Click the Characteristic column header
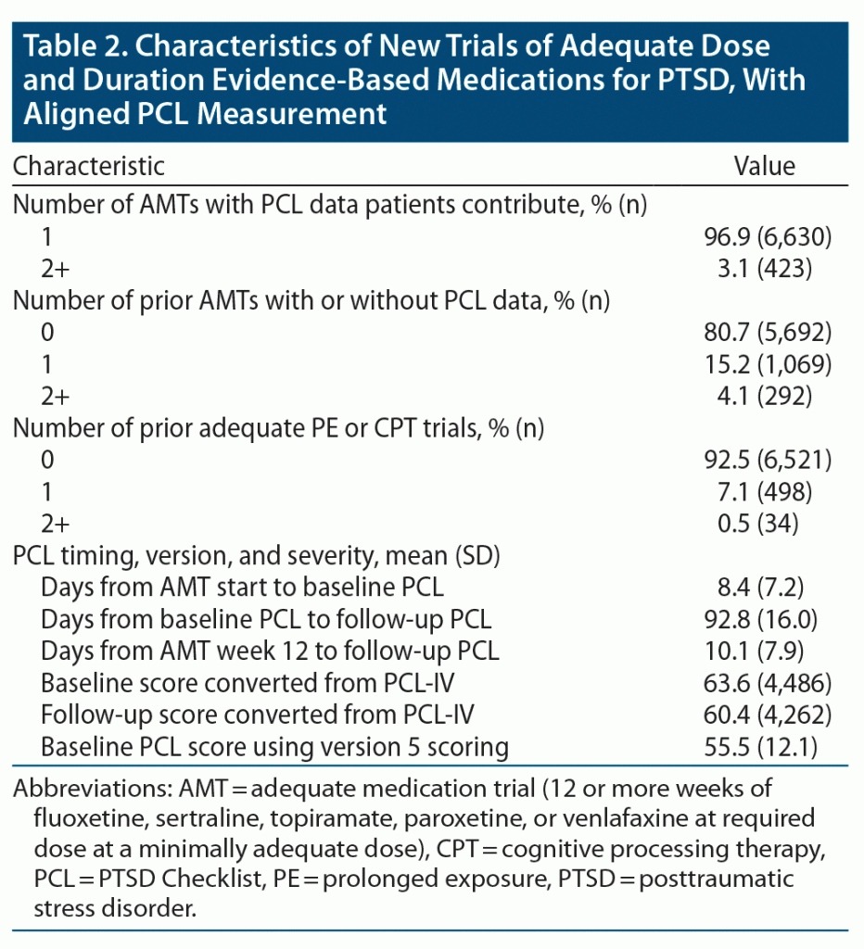(89, 167)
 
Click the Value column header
(765, 167)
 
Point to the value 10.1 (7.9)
(765, 651)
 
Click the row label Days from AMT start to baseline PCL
(242, 587)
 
